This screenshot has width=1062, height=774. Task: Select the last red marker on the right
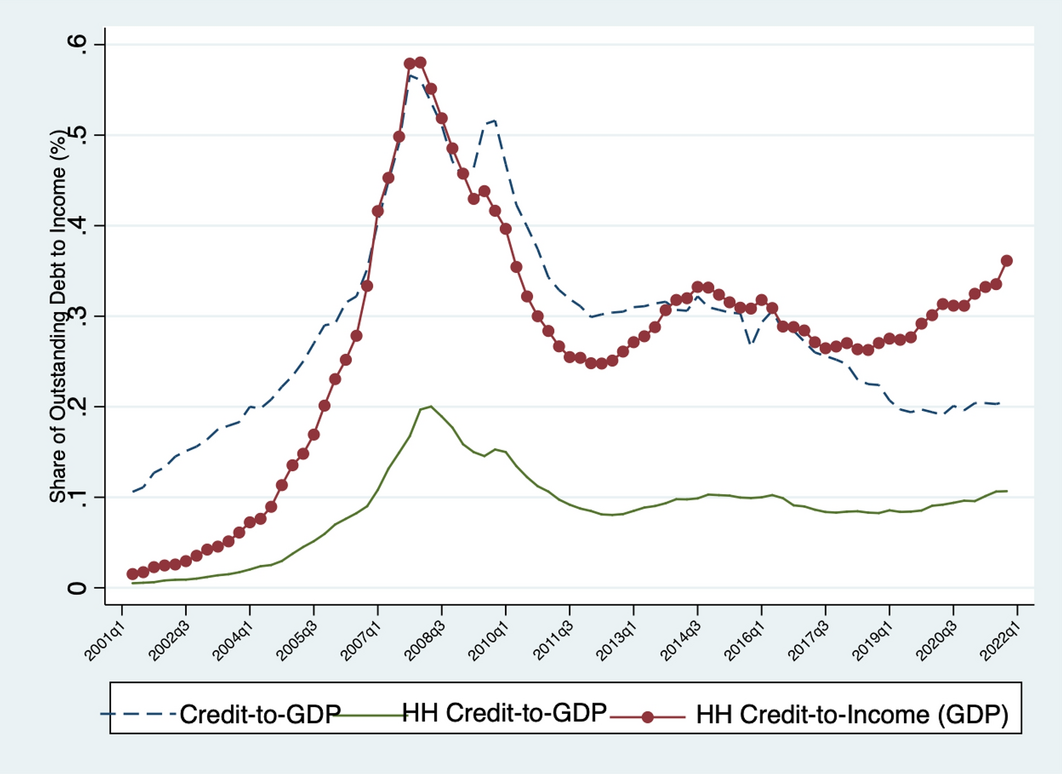click(x=1007, y=260)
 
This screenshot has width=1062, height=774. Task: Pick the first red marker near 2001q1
click(x=132, y=574)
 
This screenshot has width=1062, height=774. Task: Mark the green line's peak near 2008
click(x=430, y=406)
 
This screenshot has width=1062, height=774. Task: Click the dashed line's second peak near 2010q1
click(x=494, y=120)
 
